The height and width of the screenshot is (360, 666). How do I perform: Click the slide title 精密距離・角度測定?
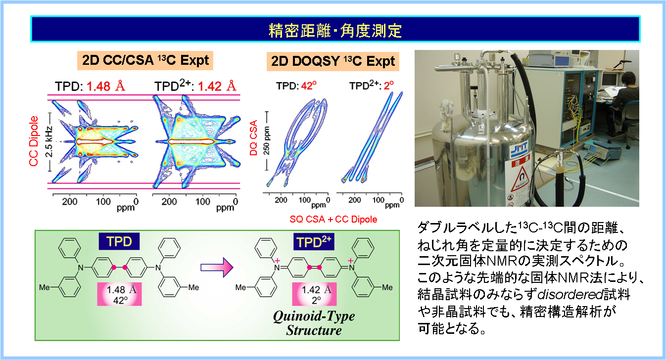(x=335, y=31)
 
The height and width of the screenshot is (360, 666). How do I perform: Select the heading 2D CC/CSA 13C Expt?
(x=145, y=60)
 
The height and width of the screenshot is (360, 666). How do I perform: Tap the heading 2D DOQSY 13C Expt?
(x=333, y=61)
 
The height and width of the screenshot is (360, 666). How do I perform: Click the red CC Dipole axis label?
(x=34, y=141)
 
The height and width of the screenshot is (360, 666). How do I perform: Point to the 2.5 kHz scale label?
(x=49, y=142)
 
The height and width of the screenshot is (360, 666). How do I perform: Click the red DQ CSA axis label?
(x=253, y=138)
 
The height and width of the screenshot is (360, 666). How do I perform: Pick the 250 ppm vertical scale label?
(x=267, y=141)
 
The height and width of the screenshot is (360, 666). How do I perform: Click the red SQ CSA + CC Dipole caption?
(x=333, y=219)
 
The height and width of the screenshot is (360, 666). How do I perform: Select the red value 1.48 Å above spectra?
(x=106, y=86)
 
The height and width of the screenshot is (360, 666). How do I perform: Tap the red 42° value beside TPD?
(x=309, y=86)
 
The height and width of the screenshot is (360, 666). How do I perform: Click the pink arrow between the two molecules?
(x=217, y=268)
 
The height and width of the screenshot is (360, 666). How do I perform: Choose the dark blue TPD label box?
(x=119, y=241)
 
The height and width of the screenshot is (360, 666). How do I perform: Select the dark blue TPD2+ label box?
(x=314, y=242)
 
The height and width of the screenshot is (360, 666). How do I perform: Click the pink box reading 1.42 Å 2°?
(x=314, y=294)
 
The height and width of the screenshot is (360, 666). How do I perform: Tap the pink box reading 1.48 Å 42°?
(x=120, y=294)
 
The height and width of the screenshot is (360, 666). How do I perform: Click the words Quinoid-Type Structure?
(x=314, y=323)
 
